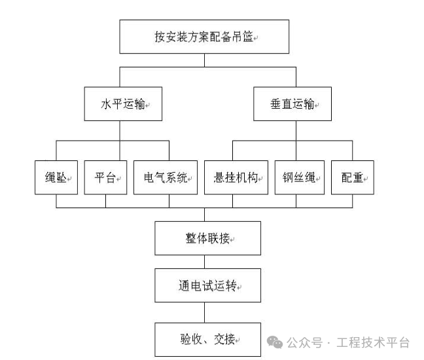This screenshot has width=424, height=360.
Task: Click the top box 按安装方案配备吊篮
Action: pyautogui.click(x=203, y=37)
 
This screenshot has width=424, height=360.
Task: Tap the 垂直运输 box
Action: pyautogui.click(x=292, y=103)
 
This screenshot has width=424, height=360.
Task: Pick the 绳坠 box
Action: pyautogui.click(x=56, y=177)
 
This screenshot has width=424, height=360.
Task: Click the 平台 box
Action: pyautogui.click(x=105, y=177)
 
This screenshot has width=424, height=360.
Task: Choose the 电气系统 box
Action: pyautogui.click(x=166, y=177)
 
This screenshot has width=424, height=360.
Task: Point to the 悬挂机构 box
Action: pyautogui.click(x=236, y=177)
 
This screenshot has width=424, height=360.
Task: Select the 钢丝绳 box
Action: pyautogui.click(x=299, y=177)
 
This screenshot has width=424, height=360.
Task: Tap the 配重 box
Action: pyautogui.click(x=353, y=177)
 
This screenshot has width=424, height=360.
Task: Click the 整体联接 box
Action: pyautogui.click(x=207, y=238)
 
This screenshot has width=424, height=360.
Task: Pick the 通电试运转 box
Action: pyautogui.click(x=207, y=286)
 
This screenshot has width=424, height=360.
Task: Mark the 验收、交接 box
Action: pyautogui.click(x=207, y=339)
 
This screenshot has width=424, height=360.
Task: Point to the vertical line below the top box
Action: pyautogui.click(x=204, y=60)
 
